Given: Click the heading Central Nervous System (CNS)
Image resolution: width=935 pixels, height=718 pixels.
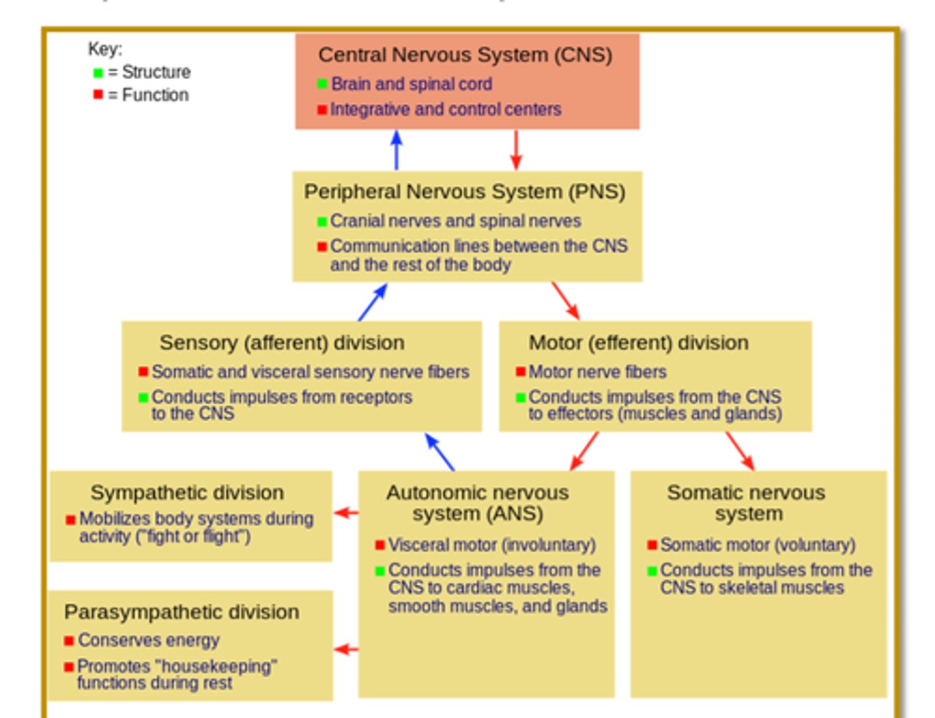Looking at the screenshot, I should click(x=465, y=55).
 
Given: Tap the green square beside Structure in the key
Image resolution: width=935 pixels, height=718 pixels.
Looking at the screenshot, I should click(x=98, y=73).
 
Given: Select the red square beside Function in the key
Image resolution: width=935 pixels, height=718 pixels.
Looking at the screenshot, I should click(x=98, y=95).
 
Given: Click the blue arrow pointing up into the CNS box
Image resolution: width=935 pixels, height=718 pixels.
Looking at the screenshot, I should click(x=397, y=149).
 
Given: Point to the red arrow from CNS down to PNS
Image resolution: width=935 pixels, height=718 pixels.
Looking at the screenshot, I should click(x=516, y=149).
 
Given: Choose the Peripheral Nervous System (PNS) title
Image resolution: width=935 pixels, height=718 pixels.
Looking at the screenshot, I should click(x=465, y=192).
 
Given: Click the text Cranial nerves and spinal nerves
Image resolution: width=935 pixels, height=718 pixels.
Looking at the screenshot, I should click(x=455, y=221).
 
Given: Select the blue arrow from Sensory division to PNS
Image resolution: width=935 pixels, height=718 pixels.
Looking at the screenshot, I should click(x=373, y=302).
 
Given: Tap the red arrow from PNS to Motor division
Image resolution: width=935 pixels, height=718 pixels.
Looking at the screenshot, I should click(x=565, y=301).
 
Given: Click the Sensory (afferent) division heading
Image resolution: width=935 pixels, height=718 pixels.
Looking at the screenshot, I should click(x=282, y=342).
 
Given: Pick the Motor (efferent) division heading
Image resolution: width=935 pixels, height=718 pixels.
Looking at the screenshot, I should click(x=638, y=342).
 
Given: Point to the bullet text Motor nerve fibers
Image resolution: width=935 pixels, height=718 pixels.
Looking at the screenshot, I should click(x=597, y=372).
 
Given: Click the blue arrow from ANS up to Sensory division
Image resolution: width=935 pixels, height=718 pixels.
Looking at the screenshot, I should click(x=440, y=452).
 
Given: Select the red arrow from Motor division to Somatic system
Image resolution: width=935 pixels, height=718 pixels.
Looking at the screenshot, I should click(x=740, y=451).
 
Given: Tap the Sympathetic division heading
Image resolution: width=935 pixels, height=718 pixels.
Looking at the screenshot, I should click(x=187, y=493).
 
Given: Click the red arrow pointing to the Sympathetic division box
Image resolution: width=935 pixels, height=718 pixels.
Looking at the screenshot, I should click(x=346, y=513).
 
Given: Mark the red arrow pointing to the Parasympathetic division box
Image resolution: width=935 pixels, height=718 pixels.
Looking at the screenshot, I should click(x=346, y=649).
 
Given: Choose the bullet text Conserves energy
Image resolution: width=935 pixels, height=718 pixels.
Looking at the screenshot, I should click(x=149, y=641).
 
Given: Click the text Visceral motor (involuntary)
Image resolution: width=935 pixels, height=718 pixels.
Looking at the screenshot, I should click(x=492, y=545).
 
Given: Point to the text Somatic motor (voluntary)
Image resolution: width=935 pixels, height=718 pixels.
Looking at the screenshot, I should click(x=758, y=545).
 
